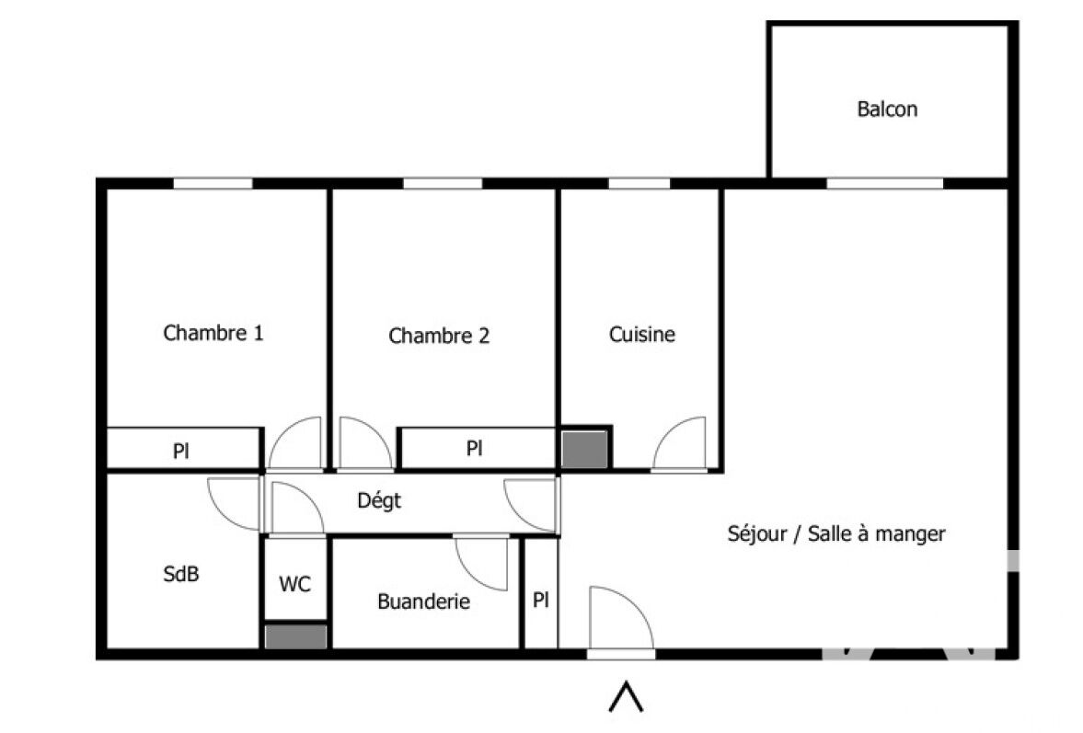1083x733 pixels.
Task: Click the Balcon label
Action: point(887,109)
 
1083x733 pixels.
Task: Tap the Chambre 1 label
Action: point(213,333)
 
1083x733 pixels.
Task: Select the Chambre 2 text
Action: point(439,336)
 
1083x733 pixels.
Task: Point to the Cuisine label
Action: point(641,335)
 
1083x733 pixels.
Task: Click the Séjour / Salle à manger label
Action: point(836,533)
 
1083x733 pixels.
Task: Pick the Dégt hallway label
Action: point(379,500)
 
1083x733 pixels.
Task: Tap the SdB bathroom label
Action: point(181,574)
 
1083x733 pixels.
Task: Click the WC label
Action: point(295,585)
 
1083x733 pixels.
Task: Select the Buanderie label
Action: point(423,601)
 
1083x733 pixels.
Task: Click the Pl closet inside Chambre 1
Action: point(181,452)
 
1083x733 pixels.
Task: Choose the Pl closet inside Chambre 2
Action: point(474,449)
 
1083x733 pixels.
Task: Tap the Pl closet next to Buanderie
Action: point(541,600)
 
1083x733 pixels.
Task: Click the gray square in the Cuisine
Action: point(584,450)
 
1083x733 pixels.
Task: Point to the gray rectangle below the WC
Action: point(295,637)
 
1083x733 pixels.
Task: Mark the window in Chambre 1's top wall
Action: point(213,184)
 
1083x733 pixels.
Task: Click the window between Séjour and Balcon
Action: point(885,184)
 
